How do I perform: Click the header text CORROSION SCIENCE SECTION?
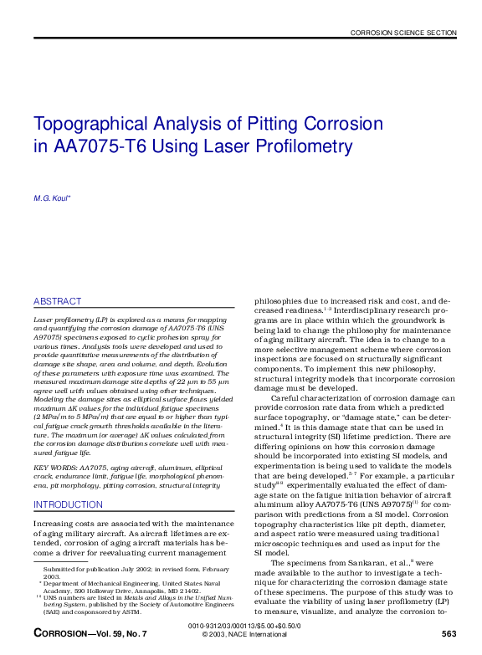point(403,33)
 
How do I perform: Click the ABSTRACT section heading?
point(58,301)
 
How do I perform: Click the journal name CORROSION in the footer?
point(61,634)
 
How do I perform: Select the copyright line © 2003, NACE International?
point(244,634)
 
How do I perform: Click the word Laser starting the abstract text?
point(43,320)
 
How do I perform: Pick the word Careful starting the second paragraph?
point(291,397)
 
